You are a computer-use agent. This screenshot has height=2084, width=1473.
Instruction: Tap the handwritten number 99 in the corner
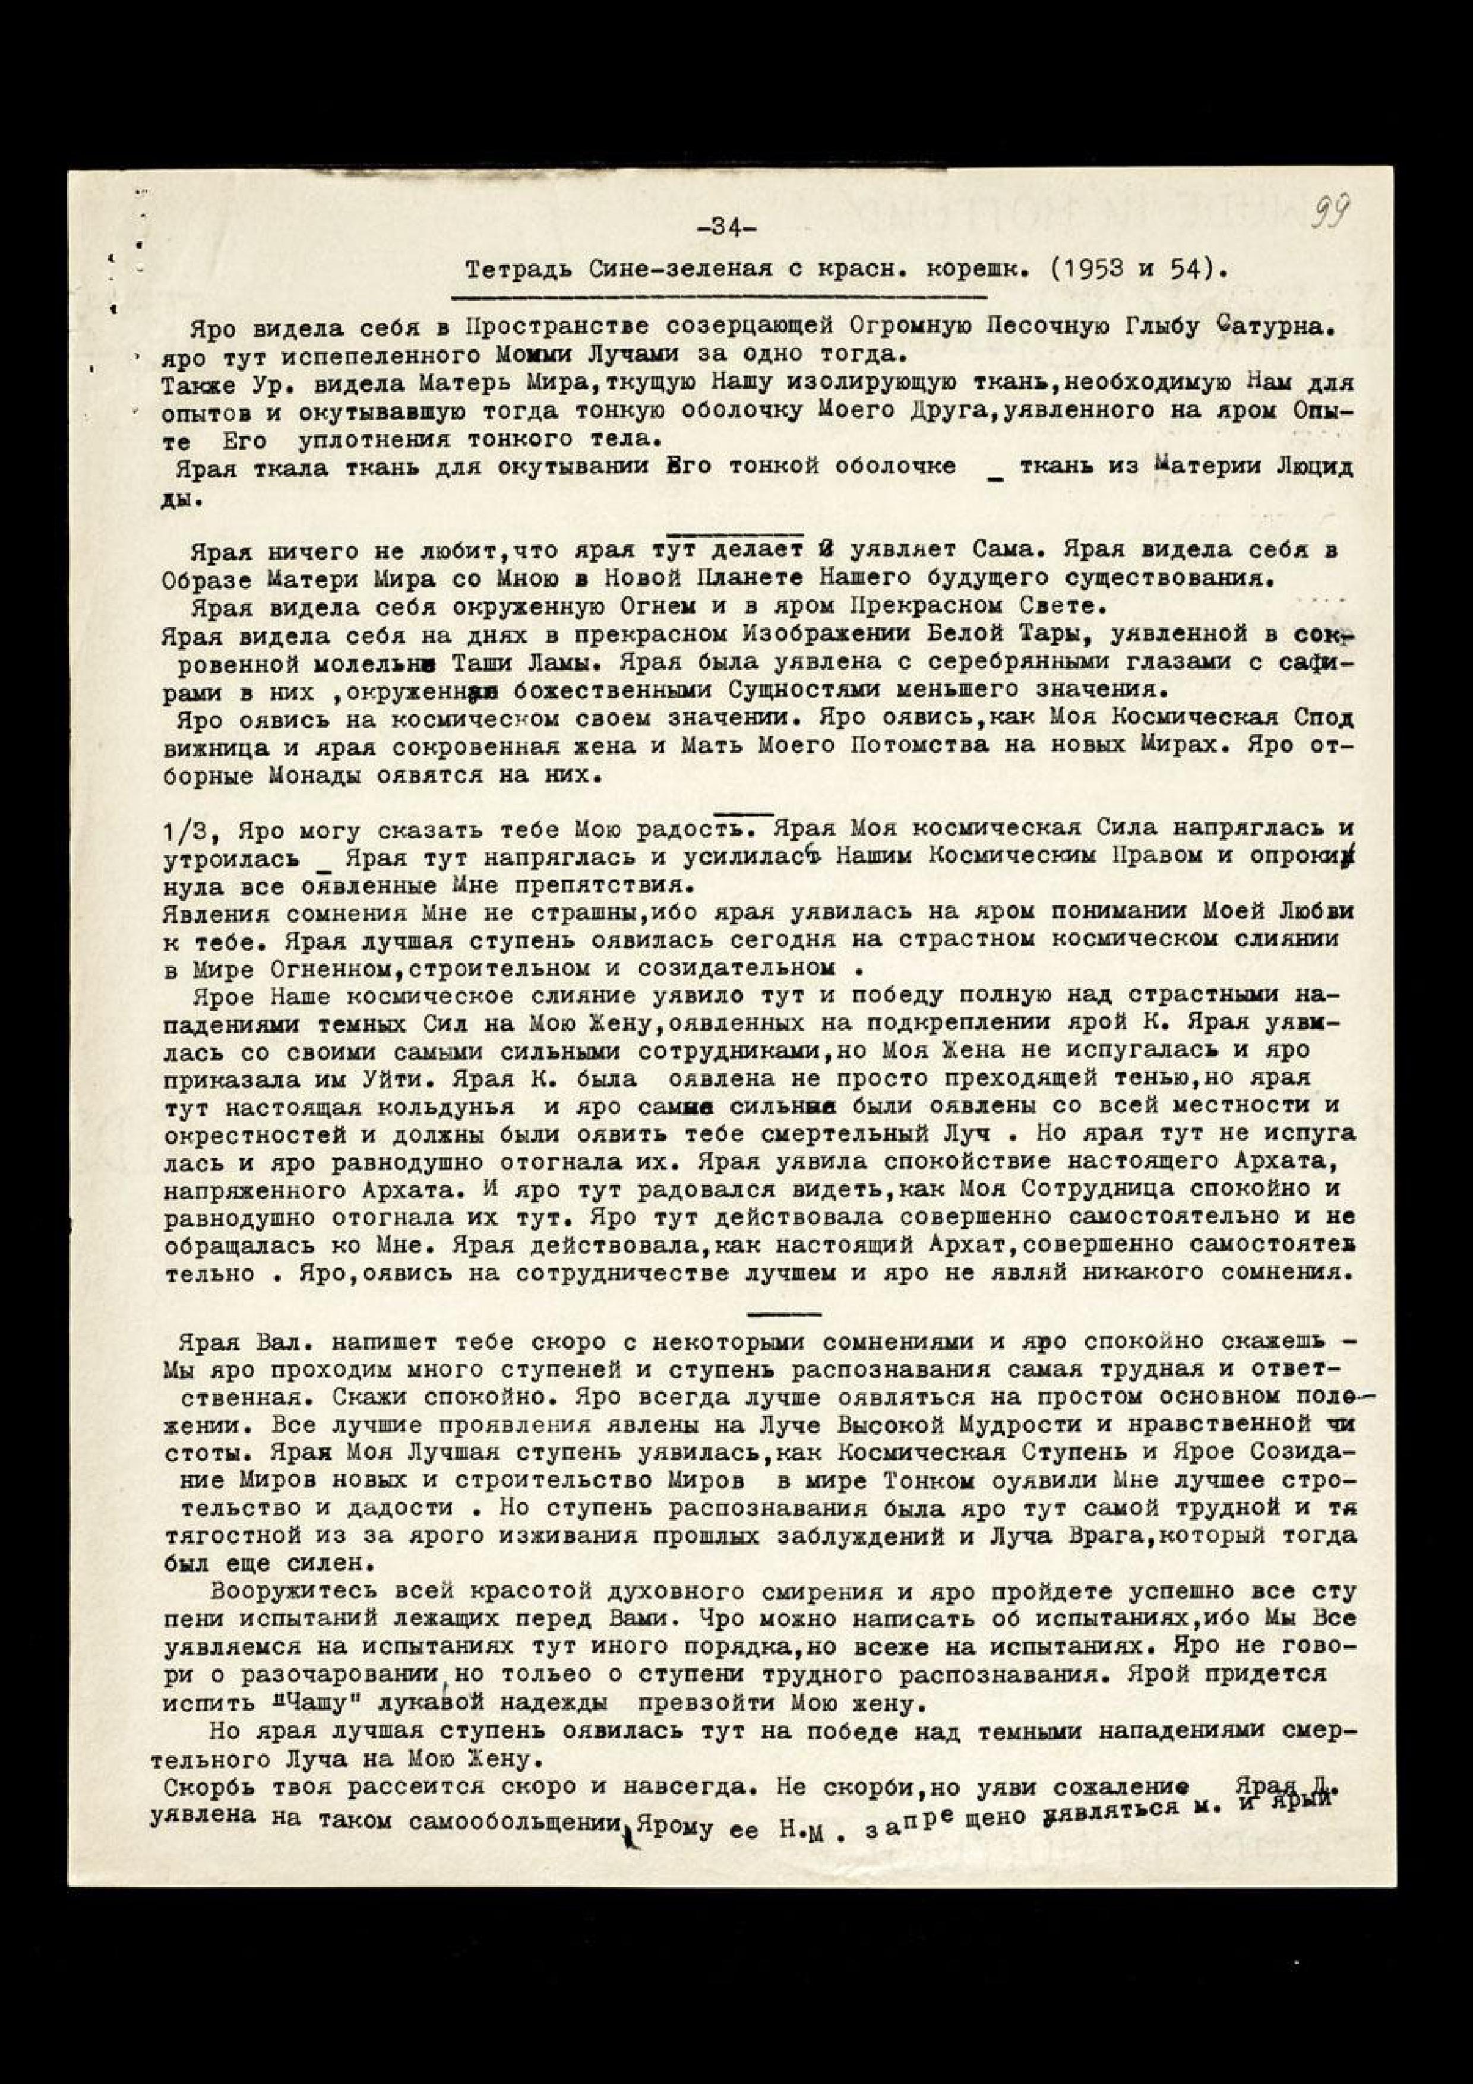[x=1328, y=216]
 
